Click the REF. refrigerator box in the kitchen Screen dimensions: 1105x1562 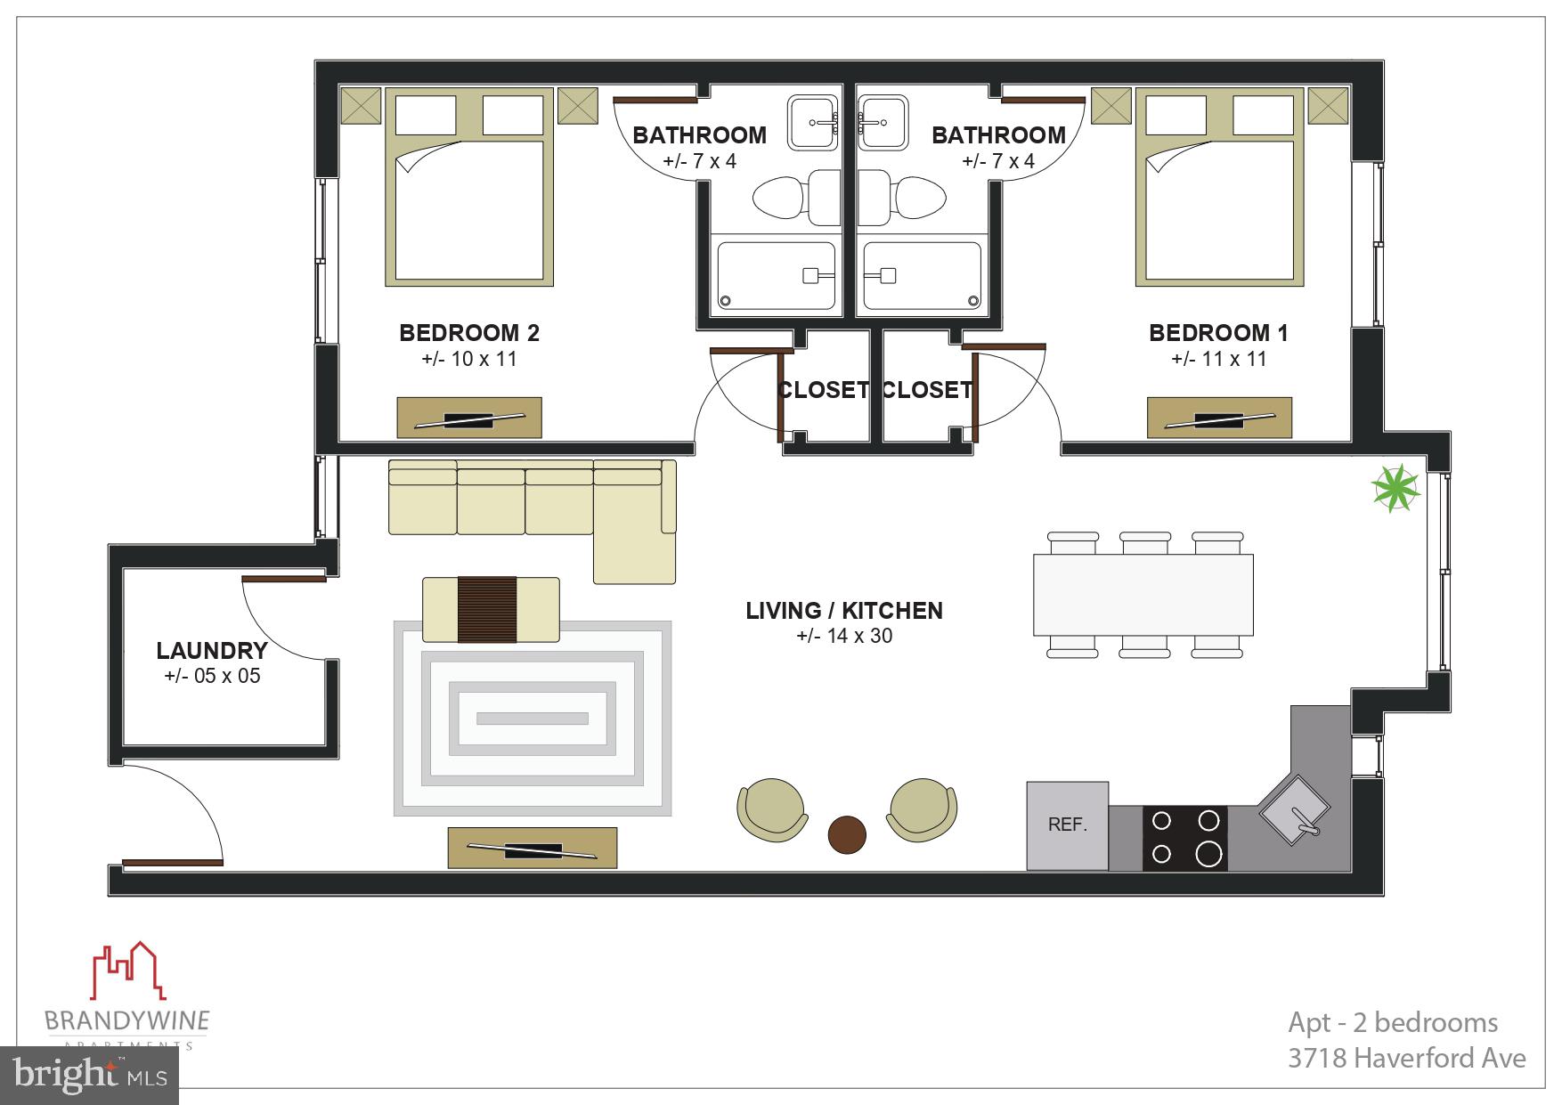(1067, 825)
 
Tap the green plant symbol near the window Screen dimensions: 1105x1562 (1395, 489)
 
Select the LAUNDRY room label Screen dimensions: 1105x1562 (212, 651)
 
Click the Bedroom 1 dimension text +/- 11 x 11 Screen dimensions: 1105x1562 (1218, 360)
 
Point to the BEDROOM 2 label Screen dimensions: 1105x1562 (469, 333)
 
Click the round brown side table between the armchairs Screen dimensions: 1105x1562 (847, 834)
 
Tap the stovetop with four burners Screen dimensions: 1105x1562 (1184, 837)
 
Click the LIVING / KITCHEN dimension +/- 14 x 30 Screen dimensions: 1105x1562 (844, 636)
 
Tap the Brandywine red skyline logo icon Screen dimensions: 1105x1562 (129, 971)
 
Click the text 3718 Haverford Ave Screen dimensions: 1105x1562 (1406, 1058)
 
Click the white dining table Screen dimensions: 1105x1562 (1143, 595)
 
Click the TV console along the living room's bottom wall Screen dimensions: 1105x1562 (533, 848)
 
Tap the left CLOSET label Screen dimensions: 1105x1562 (822, 390)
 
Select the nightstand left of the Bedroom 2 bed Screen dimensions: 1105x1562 (362, 106)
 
